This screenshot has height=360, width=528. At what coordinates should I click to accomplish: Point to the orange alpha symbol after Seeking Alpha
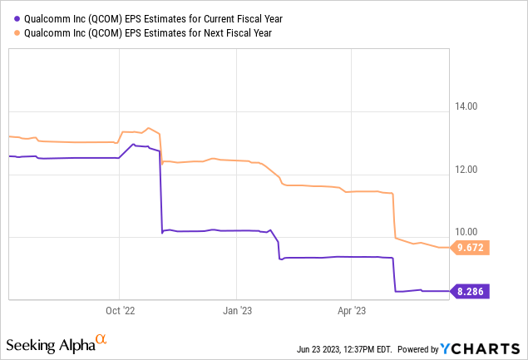point(101,339)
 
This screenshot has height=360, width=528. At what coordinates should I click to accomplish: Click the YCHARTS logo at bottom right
point(495,346)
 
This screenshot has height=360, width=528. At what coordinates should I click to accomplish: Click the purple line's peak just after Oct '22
point(134,145)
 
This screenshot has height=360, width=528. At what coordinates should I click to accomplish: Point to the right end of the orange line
point(448,248)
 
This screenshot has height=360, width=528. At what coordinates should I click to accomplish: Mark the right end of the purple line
point(448,291)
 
